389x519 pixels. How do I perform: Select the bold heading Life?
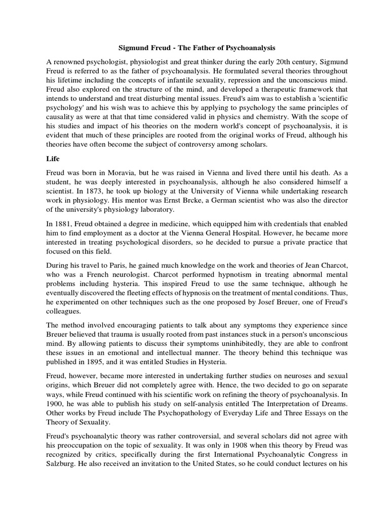tap(53, 159)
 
